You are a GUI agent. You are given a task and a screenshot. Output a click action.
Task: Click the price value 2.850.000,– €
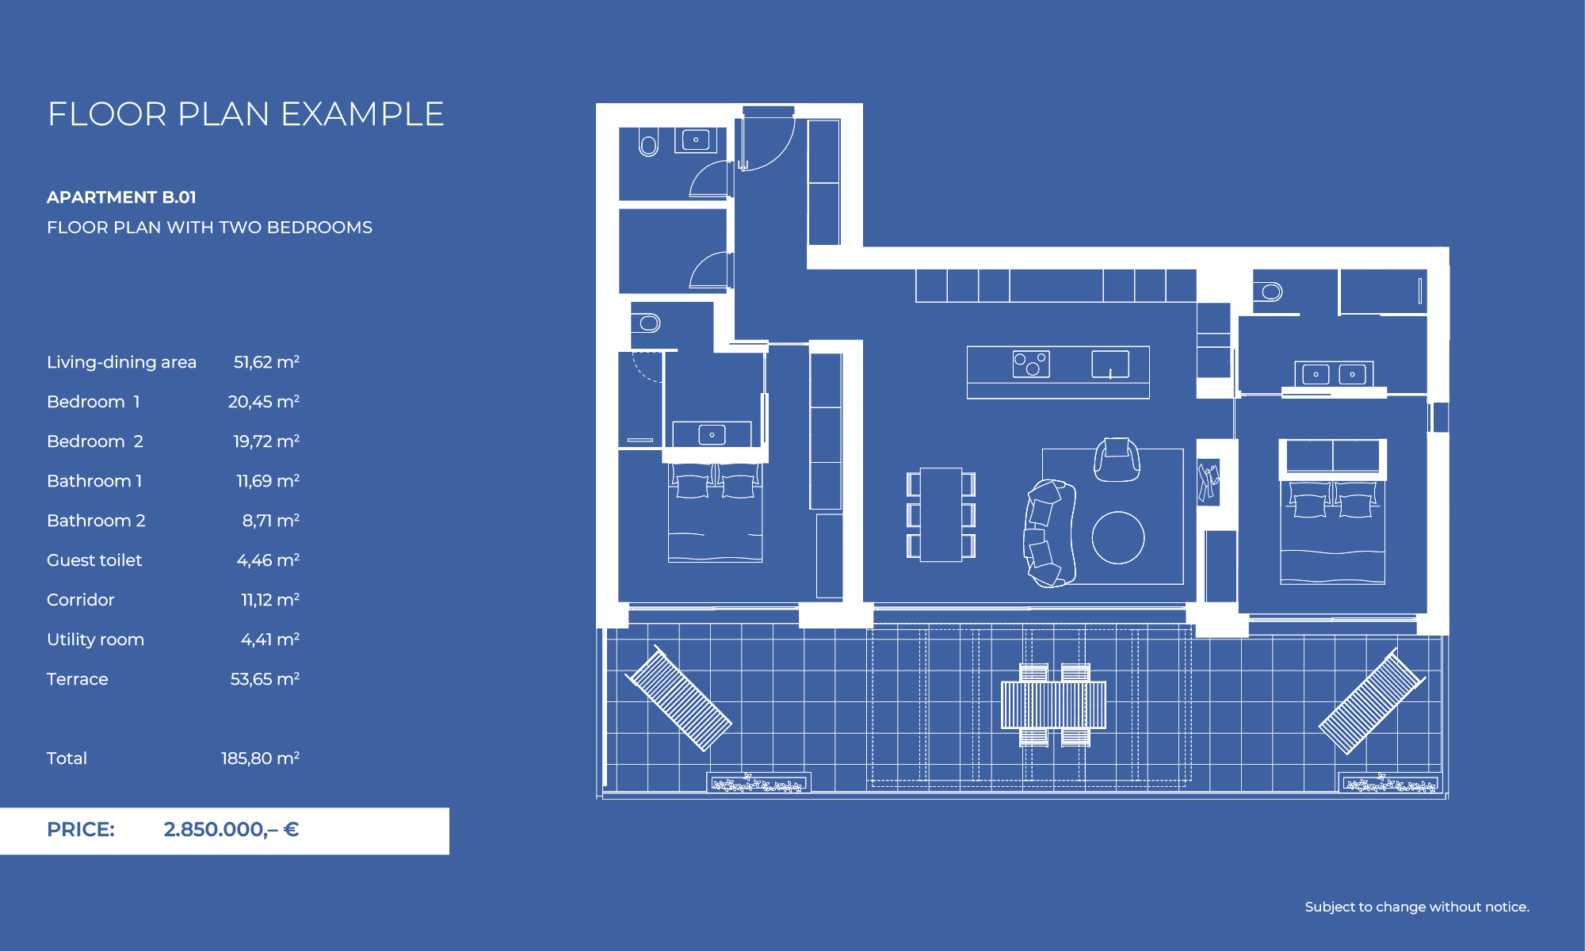[231, 830]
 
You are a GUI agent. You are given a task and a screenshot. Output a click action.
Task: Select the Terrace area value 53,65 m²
[265, 679]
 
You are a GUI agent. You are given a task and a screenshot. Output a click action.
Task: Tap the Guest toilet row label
[94, 560]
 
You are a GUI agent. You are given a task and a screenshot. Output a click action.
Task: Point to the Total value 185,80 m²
[260, 758]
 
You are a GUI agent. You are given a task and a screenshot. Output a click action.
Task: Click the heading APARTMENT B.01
[121, 197]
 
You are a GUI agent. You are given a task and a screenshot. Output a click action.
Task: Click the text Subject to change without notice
[1416, 907]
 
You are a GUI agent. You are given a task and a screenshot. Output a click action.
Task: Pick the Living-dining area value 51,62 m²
[266, 362]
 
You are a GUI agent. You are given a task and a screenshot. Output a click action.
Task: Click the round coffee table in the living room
[1117, 537]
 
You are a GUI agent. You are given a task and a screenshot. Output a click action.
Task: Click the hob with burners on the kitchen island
[1031, 364]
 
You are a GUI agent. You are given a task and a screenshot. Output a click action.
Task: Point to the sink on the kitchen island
[1109, 365]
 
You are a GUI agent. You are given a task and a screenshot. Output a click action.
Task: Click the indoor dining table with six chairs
[941, 514]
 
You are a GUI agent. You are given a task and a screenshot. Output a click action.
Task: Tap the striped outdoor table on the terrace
[1053, 705]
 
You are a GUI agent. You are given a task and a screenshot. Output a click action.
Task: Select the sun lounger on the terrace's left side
[678, 698]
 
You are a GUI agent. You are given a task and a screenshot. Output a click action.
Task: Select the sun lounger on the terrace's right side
[1372, 701]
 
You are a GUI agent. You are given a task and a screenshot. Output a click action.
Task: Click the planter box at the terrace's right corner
[1390, 784]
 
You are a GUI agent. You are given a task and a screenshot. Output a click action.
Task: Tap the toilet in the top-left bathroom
[648, 145]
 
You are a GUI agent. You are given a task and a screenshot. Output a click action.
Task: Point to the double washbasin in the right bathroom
[1334, 374]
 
